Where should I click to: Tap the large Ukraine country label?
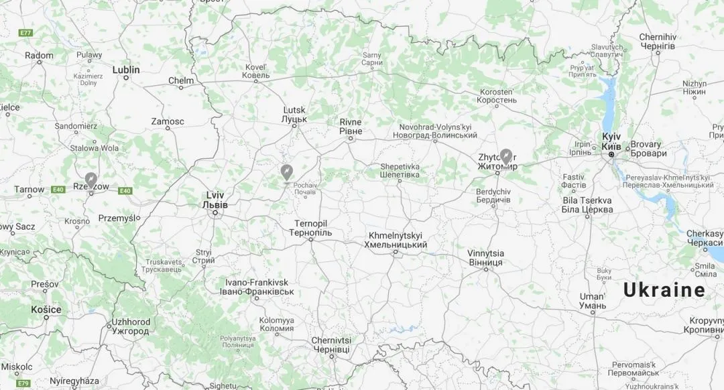pos(664,290)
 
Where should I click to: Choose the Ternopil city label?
pos(310,228)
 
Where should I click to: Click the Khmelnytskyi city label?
pos(395,241)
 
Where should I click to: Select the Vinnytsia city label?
pos(485,258)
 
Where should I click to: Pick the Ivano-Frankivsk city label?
pos(257,287)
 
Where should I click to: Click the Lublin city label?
pos(126,70)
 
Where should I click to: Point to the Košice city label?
pos(46,310)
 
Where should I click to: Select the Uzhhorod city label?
pos(131,326)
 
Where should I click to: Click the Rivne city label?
pos(350,126)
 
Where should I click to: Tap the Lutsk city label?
pos(294,114)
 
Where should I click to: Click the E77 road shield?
pos(26,33)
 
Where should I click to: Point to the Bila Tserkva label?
pos(587,204)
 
